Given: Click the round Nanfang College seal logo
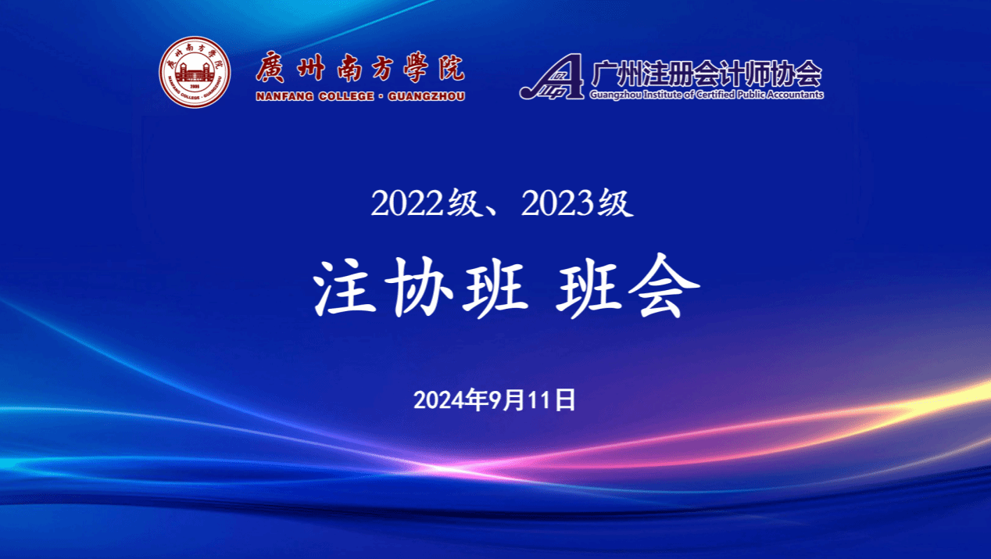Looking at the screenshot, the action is click(x=195, y=72).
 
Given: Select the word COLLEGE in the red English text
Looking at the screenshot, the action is click(x=346, y=96).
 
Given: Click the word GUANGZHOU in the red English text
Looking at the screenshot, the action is click(x=427, y=96).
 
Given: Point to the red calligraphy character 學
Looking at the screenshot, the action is click(x=416, y=68).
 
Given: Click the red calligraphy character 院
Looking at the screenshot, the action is click(x=452, y=68).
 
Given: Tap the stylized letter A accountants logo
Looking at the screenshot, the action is click(x=552, y=76).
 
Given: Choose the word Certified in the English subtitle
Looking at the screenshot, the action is click(x=715, y=95).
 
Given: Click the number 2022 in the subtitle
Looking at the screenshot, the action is click(x=407, y=203).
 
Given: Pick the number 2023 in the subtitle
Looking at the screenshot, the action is click(x=557, y=203).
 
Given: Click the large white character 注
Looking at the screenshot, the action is click(x=345, y=287).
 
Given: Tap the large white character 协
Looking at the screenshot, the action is click(x=418, y=287).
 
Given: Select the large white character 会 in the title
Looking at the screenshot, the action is click(x=664, y=286).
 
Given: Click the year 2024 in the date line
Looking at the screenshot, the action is click(x=436, y=400).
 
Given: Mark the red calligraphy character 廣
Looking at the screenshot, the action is click(x=270, y=67).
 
